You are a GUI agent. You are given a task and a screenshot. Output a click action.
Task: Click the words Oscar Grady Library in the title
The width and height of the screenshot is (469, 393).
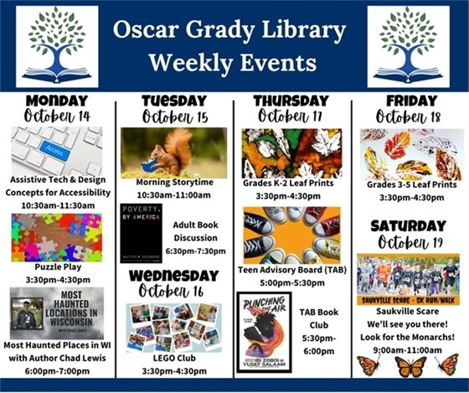[234, 33]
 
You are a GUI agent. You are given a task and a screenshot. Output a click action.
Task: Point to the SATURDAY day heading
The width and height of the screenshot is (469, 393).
[409, 226]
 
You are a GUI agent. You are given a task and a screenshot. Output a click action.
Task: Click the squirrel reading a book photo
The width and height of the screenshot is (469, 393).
[173, 153]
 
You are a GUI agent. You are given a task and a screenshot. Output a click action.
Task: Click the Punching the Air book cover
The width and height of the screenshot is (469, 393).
[264, 332]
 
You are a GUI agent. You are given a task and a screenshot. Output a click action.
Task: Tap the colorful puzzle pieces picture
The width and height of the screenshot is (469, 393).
[56, 237]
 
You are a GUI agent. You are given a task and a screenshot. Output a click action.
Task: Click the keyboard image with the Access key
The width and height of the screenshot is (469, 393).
[56, 151]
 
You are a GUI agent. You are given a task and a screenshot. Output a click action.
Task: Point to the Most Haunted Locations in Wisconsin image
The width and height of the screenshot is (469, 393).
[56, 313]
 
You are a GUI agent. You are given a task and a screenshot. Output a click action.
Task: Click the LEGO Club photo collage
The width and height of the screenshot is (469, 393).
[174, 327]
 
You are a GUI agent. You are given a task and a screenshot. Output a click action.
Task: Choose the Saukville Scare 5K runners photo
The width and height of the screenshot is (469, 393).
[409, 282]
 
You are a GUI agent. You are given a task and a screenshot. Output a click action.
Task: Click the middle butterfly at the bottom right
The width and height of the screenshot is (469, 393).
[410, 365]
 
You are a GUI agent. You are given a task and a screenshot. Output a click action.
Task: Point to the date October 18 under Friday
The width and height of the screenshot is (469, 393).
[409, 116]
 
